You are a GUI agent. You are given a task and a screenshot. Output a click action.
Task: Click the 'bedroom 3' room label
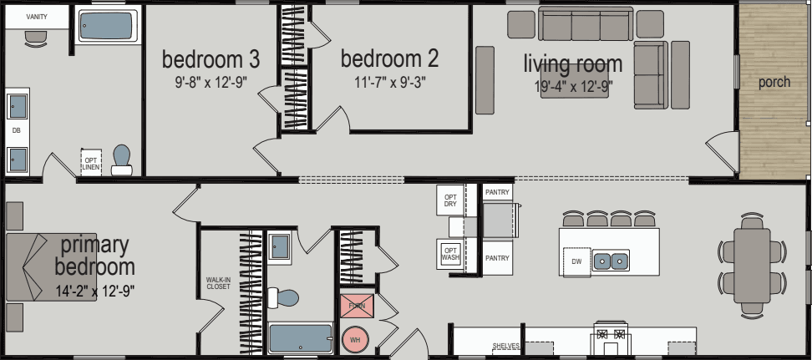click(211, 60)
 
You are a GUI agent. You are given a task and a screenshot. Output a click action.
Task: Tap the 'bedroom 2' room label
click(389, 59)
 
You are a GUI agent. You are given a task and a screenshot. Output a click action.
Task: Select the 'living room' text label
click(573, 63)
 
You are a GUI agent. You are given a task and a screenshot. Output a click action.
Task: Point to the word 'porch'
click(774, 83)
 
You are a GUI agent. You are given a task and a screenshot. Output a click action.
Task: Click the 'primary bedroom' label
click(94, 256)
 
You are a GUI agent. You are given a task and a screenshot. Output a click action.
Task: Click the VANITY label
click(36, 17)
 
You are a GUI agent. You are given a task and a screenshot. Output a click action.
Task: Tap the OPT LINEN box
click(90, 162)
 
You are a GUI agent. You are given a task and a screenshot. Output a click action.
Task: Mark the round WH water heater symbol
click(354, 340)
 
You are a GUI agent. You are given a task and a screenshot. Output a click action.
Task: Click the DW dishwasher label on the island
click(576, 262)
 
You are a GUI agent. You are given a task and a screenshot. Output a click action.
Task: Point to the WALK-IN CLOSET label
click(218, 284)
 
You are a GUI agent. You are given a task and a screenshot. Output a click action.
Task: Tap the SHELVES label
click(506, 346)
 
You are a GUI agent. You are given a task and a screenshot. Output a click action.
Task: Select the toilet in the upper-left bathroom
click(122, 160)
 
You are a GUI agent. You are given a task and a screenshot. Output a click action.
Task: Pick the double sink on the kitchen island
click(612, 261)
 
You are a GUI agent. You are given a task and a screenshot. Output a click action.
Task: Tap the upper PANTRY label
click(497, 192)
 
